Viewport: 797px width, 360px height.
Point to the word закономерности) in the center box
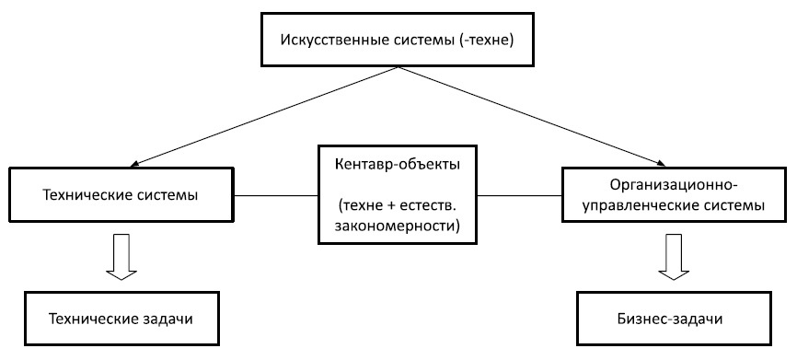pyautogui.click(x=398, y=224)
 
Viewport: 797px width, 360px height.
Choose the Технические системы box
pyautogui.click(x=121, y=195)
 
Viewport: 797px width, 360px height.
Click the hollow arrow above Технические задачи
pyautogui.click(x=121, y=258)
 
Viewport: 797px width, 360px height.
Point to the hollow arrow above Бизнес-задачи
pyautogui.click(x=673, y=258)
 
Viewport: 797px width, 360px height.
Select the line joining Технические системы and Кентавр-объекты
pyautogui.click(x=276, y=195)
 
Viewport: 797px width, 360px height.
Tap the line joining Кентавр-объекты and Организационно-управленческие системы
pyautogui.click(x=520, y=195)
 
